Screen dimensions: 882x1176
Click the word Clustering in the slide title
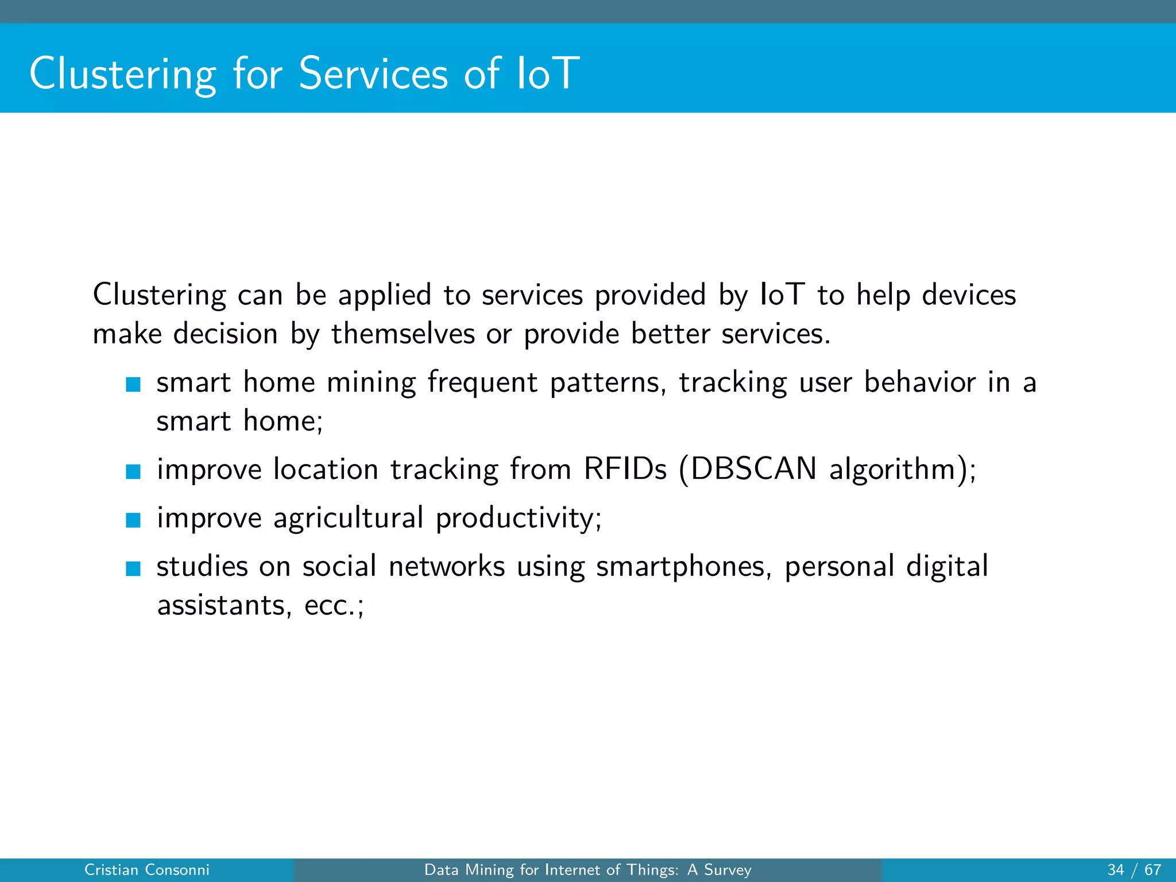pyautogui.click(x=122, y=74)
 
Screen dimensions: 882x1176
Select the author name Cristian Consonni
pyautogui.click(x=147, y=870)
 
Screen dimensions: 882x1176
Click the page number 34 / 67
pyautogui.click(x=1134, y=870)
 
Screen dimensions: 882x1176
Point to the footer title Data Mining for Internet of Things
pyautogui.click(x=587, y=870)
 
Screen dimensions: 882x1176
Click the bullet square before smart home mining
pyautogui.click(x=133, y=384)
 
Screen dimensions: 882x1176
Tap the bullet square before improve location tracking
pyautogui.click(x=133, y=471)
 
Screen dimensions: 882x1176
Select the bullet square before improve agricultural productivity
pyautogui.click(x=133, y=520)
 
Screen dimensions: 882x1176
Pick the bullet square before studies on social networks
pyautogui.click(x=133, y=568)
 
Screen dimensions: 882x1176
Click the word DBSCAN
pyautogui.click(x=753, y=469)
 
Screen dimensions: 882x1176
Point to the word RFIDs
pyautogui.click(x=625, y=469)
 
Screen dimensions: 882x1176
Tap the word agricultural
pyautogui.click(x=348, y=519)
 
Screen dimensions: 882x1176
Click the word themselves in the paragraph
pyautogui.click(x=403, y=334)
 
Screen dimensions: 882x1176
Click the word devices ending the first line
pyautogui.click(x=968, y=295)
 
